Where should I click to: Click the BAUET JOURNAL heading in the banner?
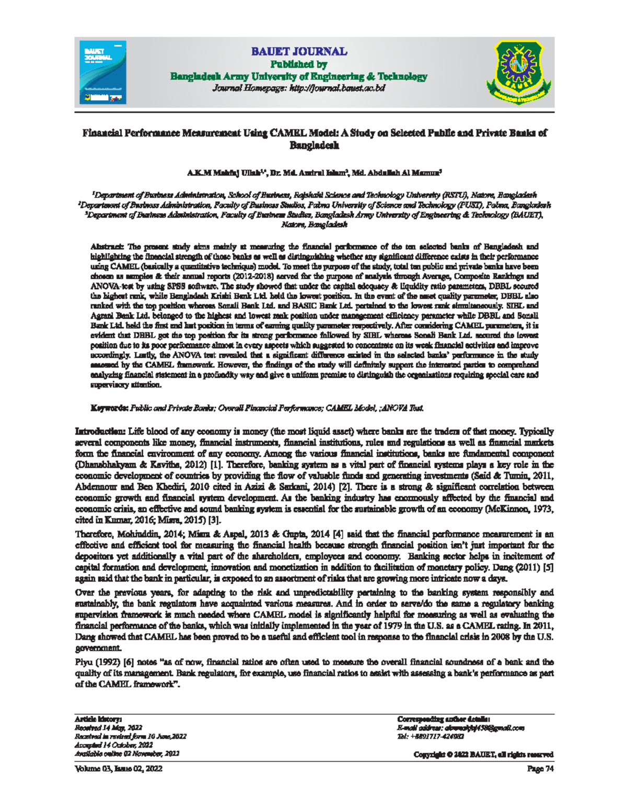click(298, 52)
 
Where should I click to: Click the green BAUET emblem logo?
click(517, 72)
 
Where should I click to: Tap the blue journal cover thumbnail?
click(103, 72)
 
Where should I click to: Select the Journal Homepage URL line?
click(298, 88)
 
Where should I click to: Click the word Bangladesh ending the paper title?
click(314, 146)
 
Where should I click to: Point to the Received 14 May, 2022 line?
click(109, 728)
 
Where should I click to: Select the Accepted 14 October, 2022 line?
click(114, 745)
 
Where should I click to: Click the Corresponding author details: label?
click(443, 719)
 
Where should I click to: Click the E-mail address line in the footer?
click(460, 728)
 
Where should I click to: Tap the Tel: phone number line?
click(431, 737)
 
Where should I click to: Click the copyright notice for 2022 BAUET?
click(483, 754)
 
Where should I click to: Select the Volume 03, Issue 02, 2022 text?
click(119, 769)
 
